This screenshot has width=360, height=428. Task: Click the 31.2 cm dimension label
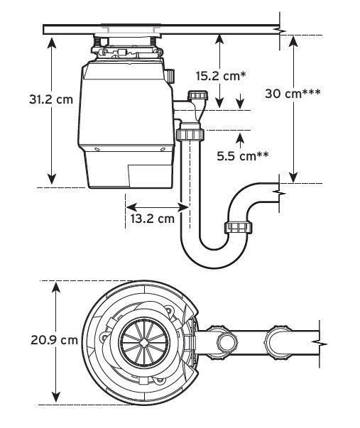(x=51, y=99)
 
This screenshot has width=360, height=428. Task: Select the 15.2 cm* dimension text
(x=221, y=76)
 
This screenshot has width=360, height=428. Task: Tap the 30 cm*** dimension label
(x=293, y=94)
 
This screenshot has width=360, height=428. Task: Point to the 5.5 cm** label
(x=243, y=156)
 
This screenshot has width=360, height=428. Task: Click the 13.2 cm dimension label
(x=152, y=219)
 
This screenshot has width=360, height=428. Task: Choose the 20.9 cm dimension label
(x=54, y=340)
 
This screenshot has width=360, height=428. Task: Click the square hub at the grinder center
(x=144, y=342)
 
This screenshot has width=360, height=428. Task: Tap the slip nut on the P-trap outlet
(x=239, y=227)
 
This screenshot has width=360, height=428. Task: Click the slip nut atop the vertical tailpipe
(x=190, y=134)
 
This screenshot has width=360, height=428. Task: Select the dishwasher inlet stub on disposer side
(x=170, y=76)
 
